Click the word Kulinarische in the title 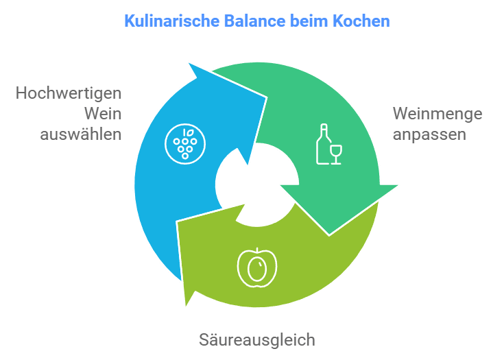[x=172, y=21]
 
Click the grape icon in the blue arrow [x=185, y=144]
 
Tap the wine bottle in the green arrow [x=323, y=144]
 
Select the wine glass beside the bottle [x=336, y=154]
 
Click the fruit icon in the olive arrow [x=257, y=267]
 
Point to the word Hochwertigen [x=69, y=94]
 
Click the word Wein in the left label [x=103, y=114]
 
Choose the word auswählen [x=81, y=134]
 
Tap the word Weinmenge [x=437, y=115]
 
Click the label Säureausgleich [x=257, y=340]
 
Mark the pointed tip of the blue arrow [x=189, y=63]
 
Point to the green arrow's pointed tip [x=398, y=185]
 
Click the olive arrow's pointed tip [x=186, y=306]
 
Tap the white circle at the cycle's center [x=257, y=185]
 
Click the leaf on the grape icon [x=191, y=132]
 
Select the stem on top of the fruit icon [x=257, y=251]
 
